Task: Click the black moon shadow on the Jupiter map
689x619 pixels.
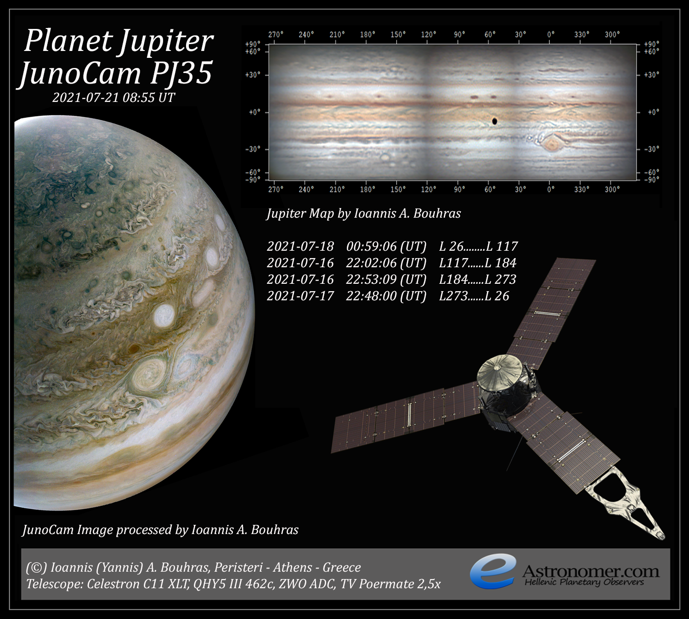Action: click(495, 121)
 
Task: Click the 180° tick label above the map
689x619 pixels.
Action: click(367, 34)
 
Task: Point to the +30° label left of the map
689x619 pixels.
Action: click(253, 74)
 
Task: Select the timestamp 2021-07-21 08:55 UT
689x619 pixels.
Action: click(114, 97)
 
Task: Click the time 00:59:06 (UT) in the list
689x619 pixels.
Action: click(386, 246)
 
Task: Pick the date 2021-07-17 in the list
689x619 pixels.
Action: click(300, 296)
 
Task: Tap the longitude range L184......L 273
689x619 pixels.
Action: click(477, 279)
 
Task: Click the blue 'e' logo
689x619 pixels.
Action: click(493, 571)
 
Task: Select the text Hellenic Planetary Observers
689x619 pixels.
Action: click(584, 582)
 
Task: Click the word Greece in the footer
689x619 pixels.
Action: click(342, 568)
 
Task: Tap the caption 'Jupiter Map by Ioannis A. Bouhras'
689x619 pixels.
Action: click(364, 214)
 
